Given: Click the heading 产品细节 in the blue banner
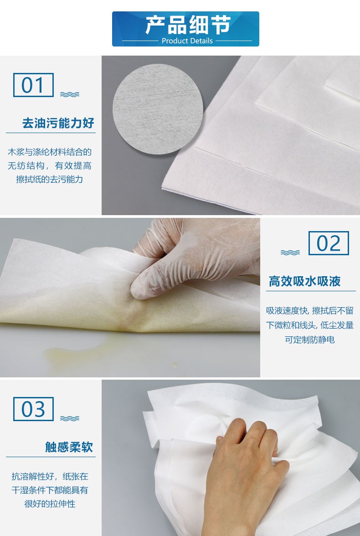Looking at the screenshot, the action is (188, 25).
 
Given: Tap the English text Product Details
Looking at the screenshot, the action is (187, 41).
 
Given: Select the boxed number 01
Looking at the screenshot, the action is (33, 85).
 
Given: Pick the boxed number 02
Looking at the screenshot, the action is (329, 243).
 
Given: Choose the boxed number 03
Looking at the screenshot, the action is (33, 409).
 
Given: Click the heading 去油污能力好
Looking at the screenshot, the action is (58, 123).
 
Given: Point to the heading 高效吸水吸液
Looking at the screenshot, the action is (304, 281).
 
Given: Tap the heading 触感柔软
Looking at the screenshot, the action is (69, 447).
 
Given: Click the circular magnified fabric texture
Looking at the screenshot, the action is (158, 109).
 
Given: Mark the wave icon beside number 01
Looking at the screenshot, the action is (70, 94).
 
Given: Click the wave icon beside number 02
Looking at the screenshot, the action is (290, 253).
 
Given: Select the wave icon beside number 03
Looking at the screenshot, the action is (70, 418).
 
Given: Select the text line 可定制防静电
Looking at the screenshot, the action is (310, 340).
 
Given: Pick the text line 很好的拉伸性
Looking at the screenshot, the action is (50, 504).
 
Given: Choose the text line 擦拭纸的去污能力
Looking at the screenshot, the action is (50, 180).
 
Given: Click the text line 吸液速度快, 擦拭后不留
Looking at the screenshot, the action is (310, 311).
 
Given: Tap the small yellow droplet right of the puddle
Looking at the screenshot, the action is (175, 365).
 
